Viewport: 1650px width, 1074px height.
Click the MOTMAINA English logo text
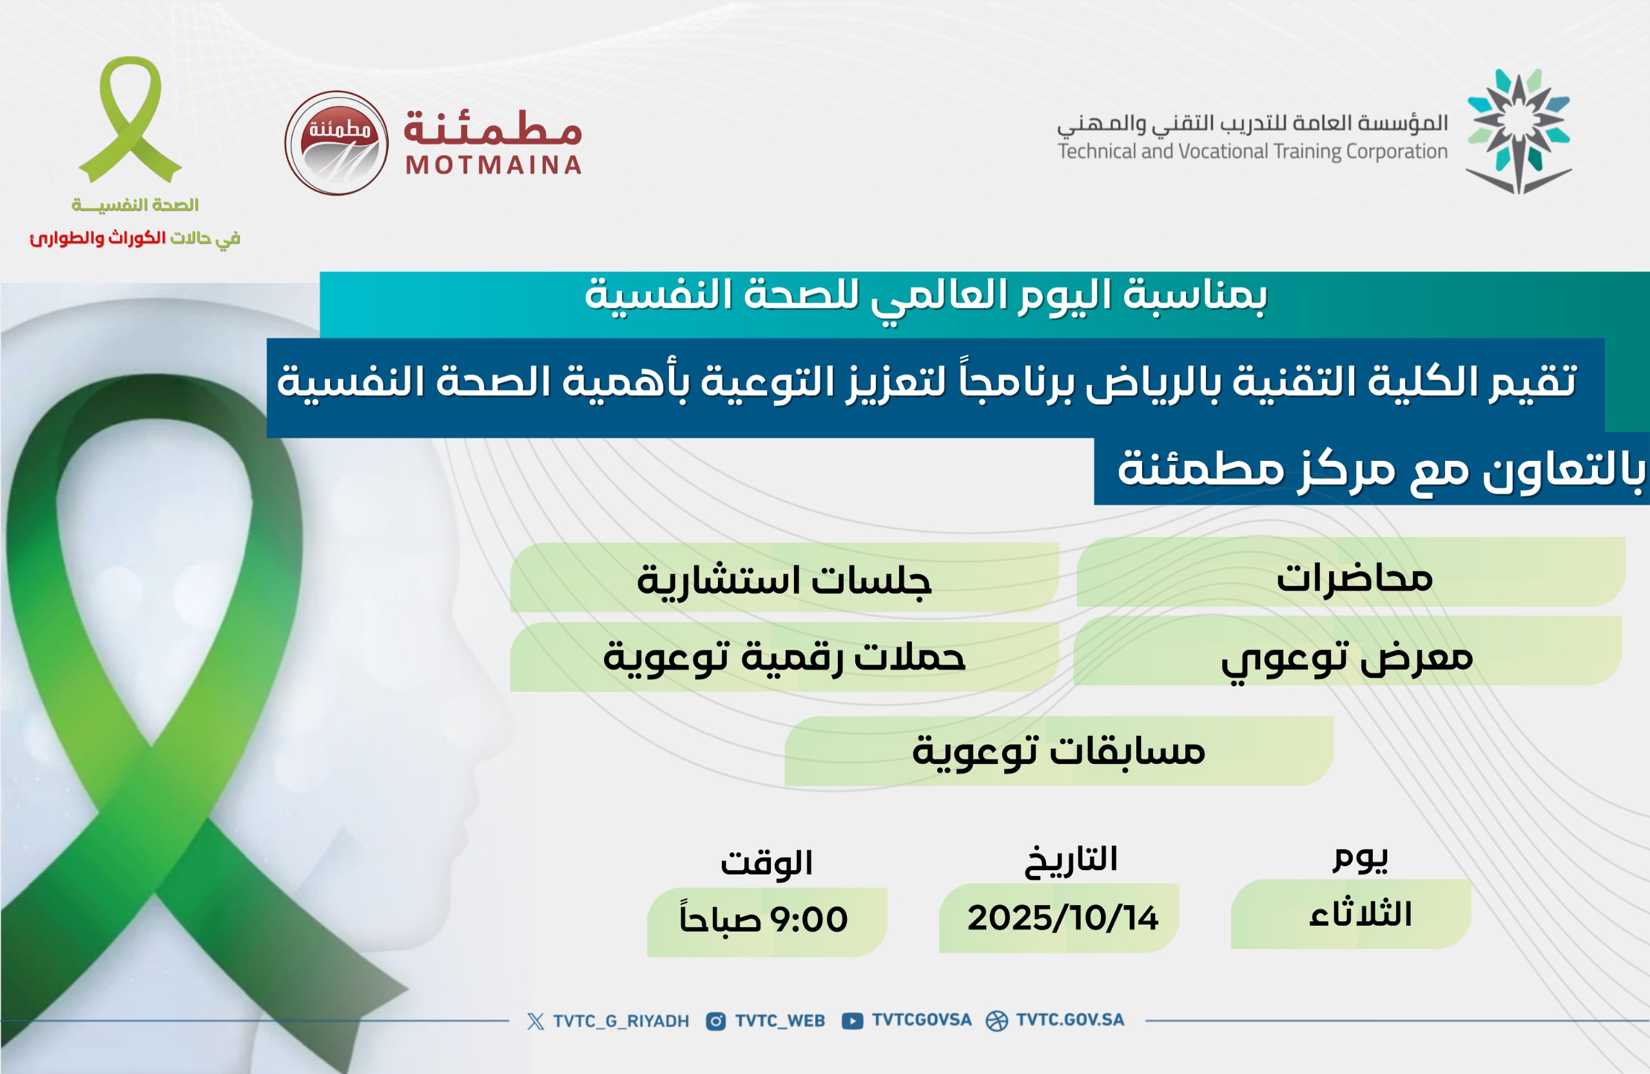coord(493,165)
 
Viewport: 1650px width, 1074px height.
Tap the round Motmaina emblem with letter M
coord(336,143)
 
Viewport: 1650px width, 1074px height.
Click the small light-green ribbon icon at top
coord(130,119)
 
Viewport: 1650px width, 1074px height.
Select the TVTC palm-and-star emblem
coord(1519,131)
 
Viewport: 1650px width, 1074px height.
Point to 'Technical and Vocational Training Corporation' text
coord(1253,151)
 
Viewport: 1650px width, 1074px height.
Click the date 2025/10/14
coord(1063,918)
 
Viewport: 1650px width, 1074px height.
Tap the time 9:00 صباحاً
coord(764,918)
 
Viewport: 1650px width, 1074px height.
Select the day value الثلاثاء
coord(1359,914)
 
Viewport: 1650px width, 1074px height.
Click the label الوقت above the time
coord(766,863)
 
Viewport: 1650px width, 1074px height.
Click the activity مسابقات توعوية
coord(1058,751)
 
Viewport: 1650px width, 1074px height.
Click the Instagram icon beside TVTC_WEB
coord(715,1021)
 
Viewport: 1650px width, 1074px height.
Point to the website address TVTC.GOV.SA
coord(1070,1020)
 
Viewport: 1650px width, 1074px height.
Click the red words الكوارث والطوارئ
coord(98,238)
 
